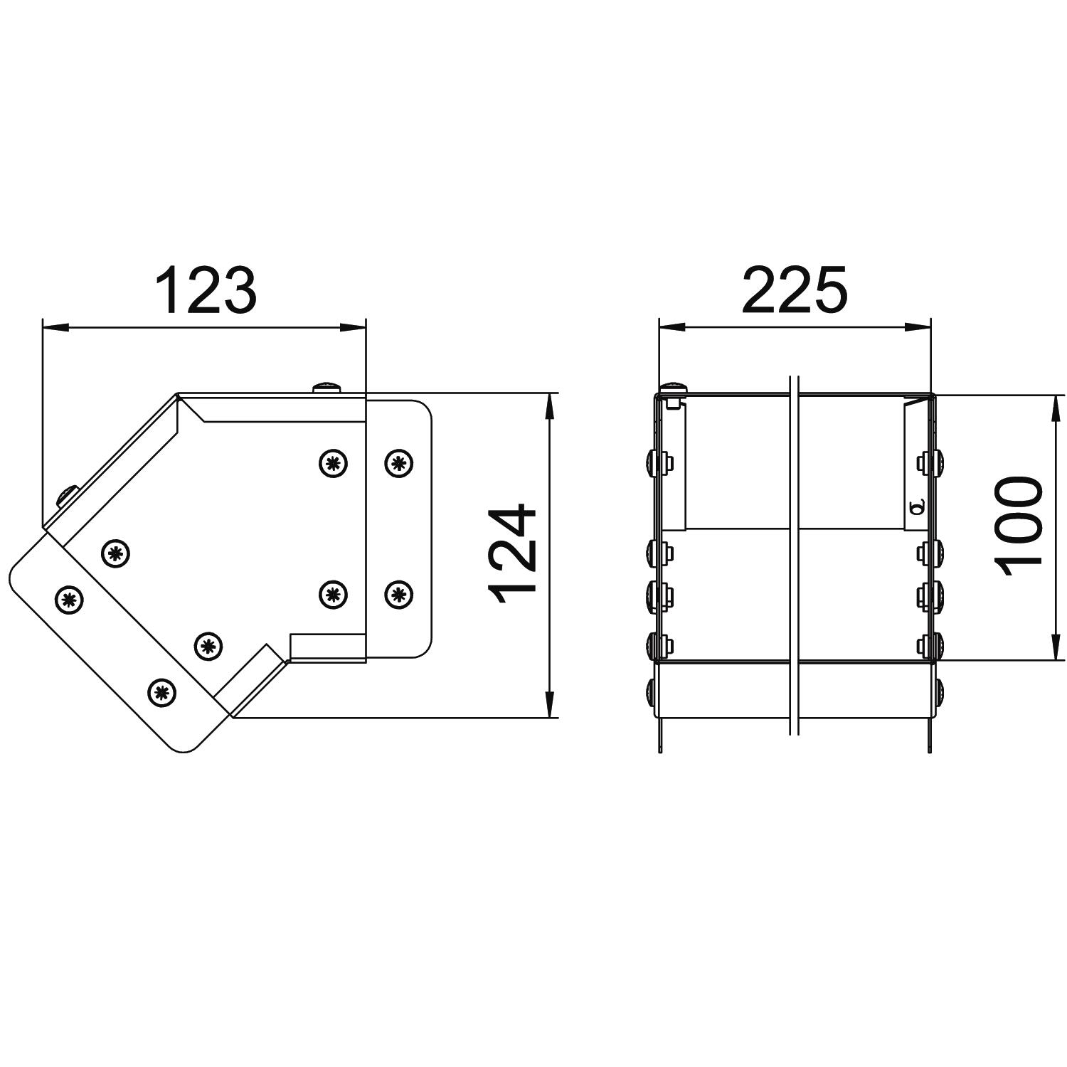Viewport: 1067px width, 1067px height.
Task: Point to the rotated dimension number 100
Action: (x=1019, y=527)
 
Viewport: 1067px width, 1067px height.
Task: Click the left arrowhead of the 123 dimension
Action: (x=56, y=327)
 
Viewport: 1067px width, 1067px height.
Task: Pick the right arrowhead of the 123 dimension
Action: (x=353, y=327)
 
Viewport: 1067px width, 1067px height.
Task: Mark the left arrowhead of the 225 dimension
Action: (x=672, y=327)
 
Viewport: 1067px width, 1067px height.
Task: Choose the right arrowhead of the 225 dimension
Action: (x=918, y=327)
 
